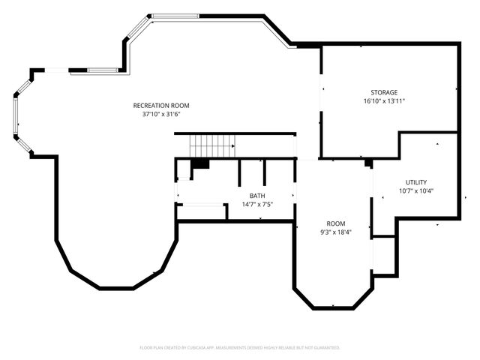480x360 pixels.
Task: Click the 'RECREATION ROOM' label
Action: (161, 105)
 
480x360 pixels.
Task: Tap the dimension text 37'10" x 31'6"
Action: (161, 115)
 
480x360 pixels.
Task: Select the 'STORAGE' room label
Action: (384, 92)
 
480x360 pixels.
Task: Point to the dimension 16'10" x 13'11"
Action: (384, 101)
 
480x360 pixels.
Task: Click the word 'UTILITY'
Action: (416, 182)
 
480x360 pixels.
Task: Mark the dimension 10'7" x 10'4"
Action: (416, 191)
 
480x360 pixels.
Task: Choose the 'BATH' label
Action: (257, 196)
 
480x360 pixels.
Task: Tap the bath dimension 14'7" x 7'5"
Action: (257, 205)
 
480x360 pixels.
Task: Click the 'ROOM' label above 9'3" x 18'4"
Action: (335, 223)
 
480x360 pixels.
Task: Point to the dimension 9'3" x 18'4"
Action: (335, 232)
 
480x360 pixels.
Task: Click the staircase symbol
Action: (212, 145)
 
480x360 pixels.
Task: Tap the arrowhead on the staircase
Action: (232, 145)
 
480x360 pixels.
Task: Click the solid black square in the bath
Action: (199, 163)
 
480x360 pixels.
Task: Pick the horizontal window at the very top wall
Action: (175, 16)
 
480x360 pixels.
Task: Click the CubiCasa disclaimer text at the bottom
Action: (240, 347)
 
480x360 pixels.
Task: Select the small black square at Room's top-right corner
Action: (368, 163)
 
